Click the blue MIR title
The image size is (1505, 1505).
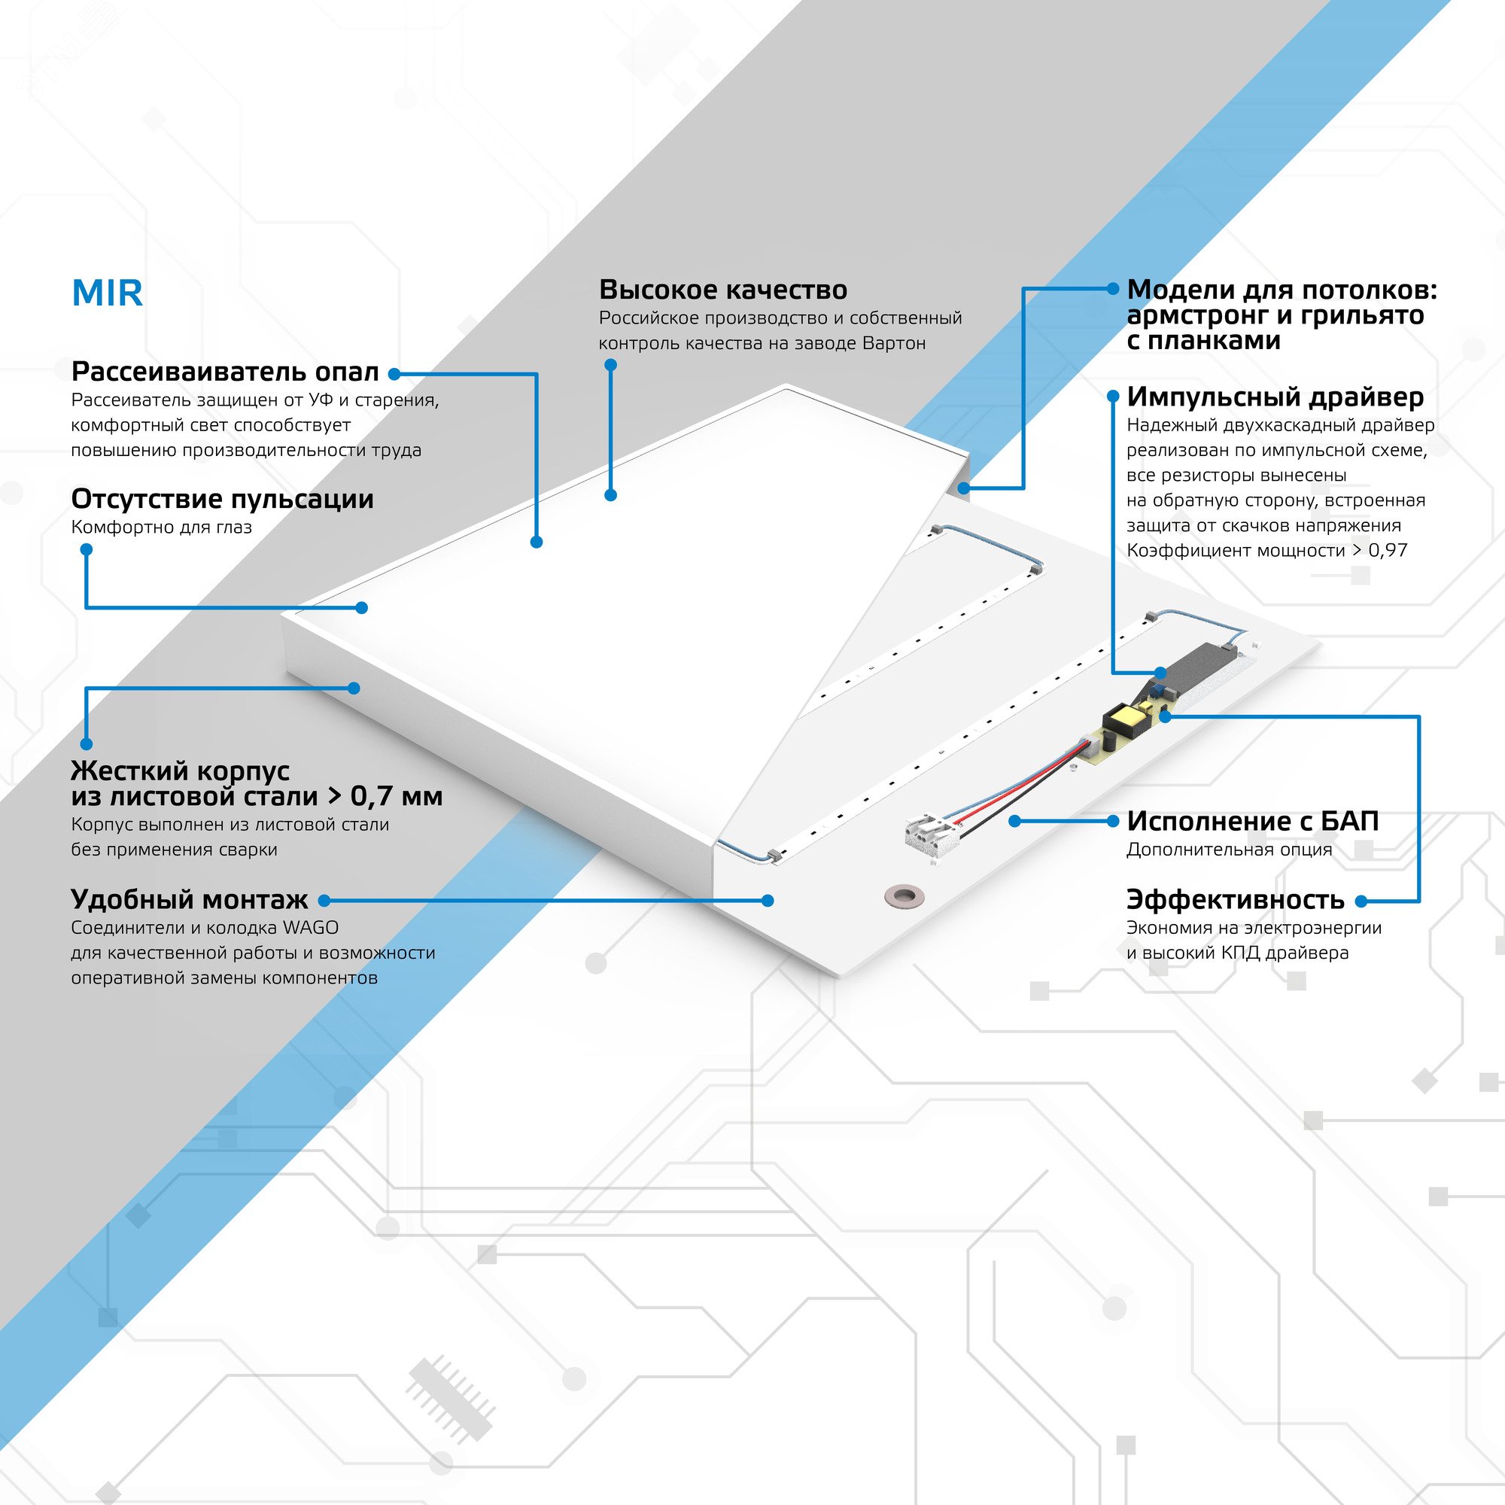(108, 293)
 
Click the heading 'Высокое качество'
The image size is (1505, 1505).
(723, 290)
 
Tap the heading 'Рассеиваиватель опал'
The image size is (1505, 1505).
(225, 372)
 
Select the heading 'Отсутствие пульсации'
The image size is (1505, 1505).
(222, 499)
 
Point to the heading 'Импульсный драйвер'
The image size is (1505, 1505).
(1275, 397)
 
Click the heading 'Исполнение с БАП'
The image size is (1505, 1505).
(1253, 821)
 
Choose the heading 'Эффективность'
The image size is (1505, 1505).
(1235, 900)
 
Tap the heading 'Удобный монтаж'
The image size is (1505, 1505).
(190, 900)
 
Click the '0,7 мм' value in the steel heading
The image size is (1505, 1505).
(396, 796)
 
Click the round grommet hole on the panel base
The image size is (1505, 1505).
(903, 895)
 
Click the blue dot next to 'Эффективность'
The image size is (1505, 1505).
(1361, 901)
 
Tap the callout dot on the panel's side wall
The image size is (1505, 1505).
(354, 688)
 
